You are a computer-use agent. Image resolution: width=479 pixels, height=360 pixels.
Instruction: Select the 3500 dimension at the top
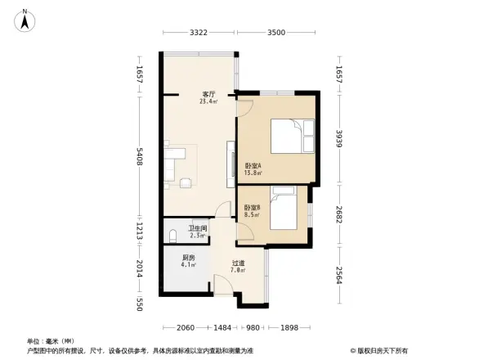[275, 33]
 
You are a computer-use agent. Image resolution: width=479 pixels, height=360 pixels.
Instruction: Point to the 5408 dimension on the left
[140, 158]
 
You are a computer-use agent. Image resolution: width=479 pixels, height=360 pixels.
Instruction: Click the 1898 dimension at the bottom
[288, 328]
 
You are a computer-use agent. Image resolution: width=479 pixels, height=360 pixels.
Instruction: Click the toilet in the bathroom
[172, 236]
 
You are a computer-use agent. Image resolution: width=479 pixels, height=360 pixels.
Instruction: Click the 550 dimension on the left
[140, 305]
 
